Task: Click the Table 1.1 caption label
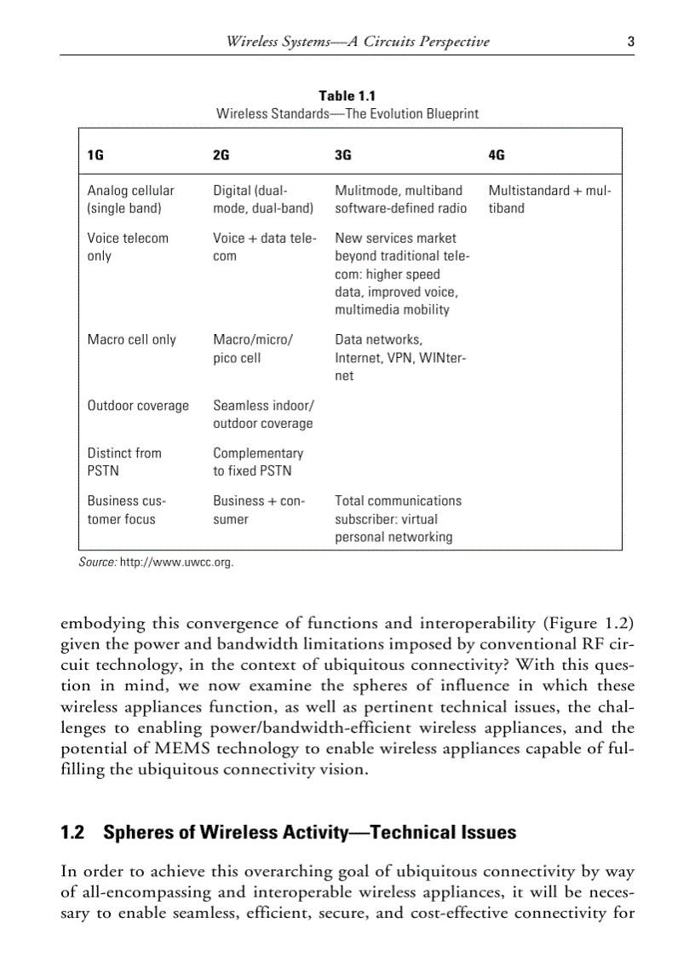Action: tap(347, 96)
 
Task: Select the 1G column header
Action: tap(95, 155)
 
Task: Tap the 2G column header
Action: tap(221, 155)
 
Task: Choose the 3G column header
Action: tap(343, 155)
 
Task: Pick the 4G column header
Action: tap(497, 155)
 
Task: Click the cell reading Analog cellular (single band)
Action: tap(130, 199)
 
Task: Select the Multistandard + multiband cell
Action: tap(549, 199)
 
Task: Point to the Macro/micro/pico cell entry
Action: tap(253, 349)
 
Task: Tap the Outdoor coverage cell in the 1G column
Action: tap(138, 406)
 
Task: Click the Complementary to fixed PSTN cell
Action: tap(258, 462)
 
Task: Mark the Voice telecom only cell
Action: tap(128, 247)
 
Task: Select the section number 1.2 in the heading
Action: tap(72, 833)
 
